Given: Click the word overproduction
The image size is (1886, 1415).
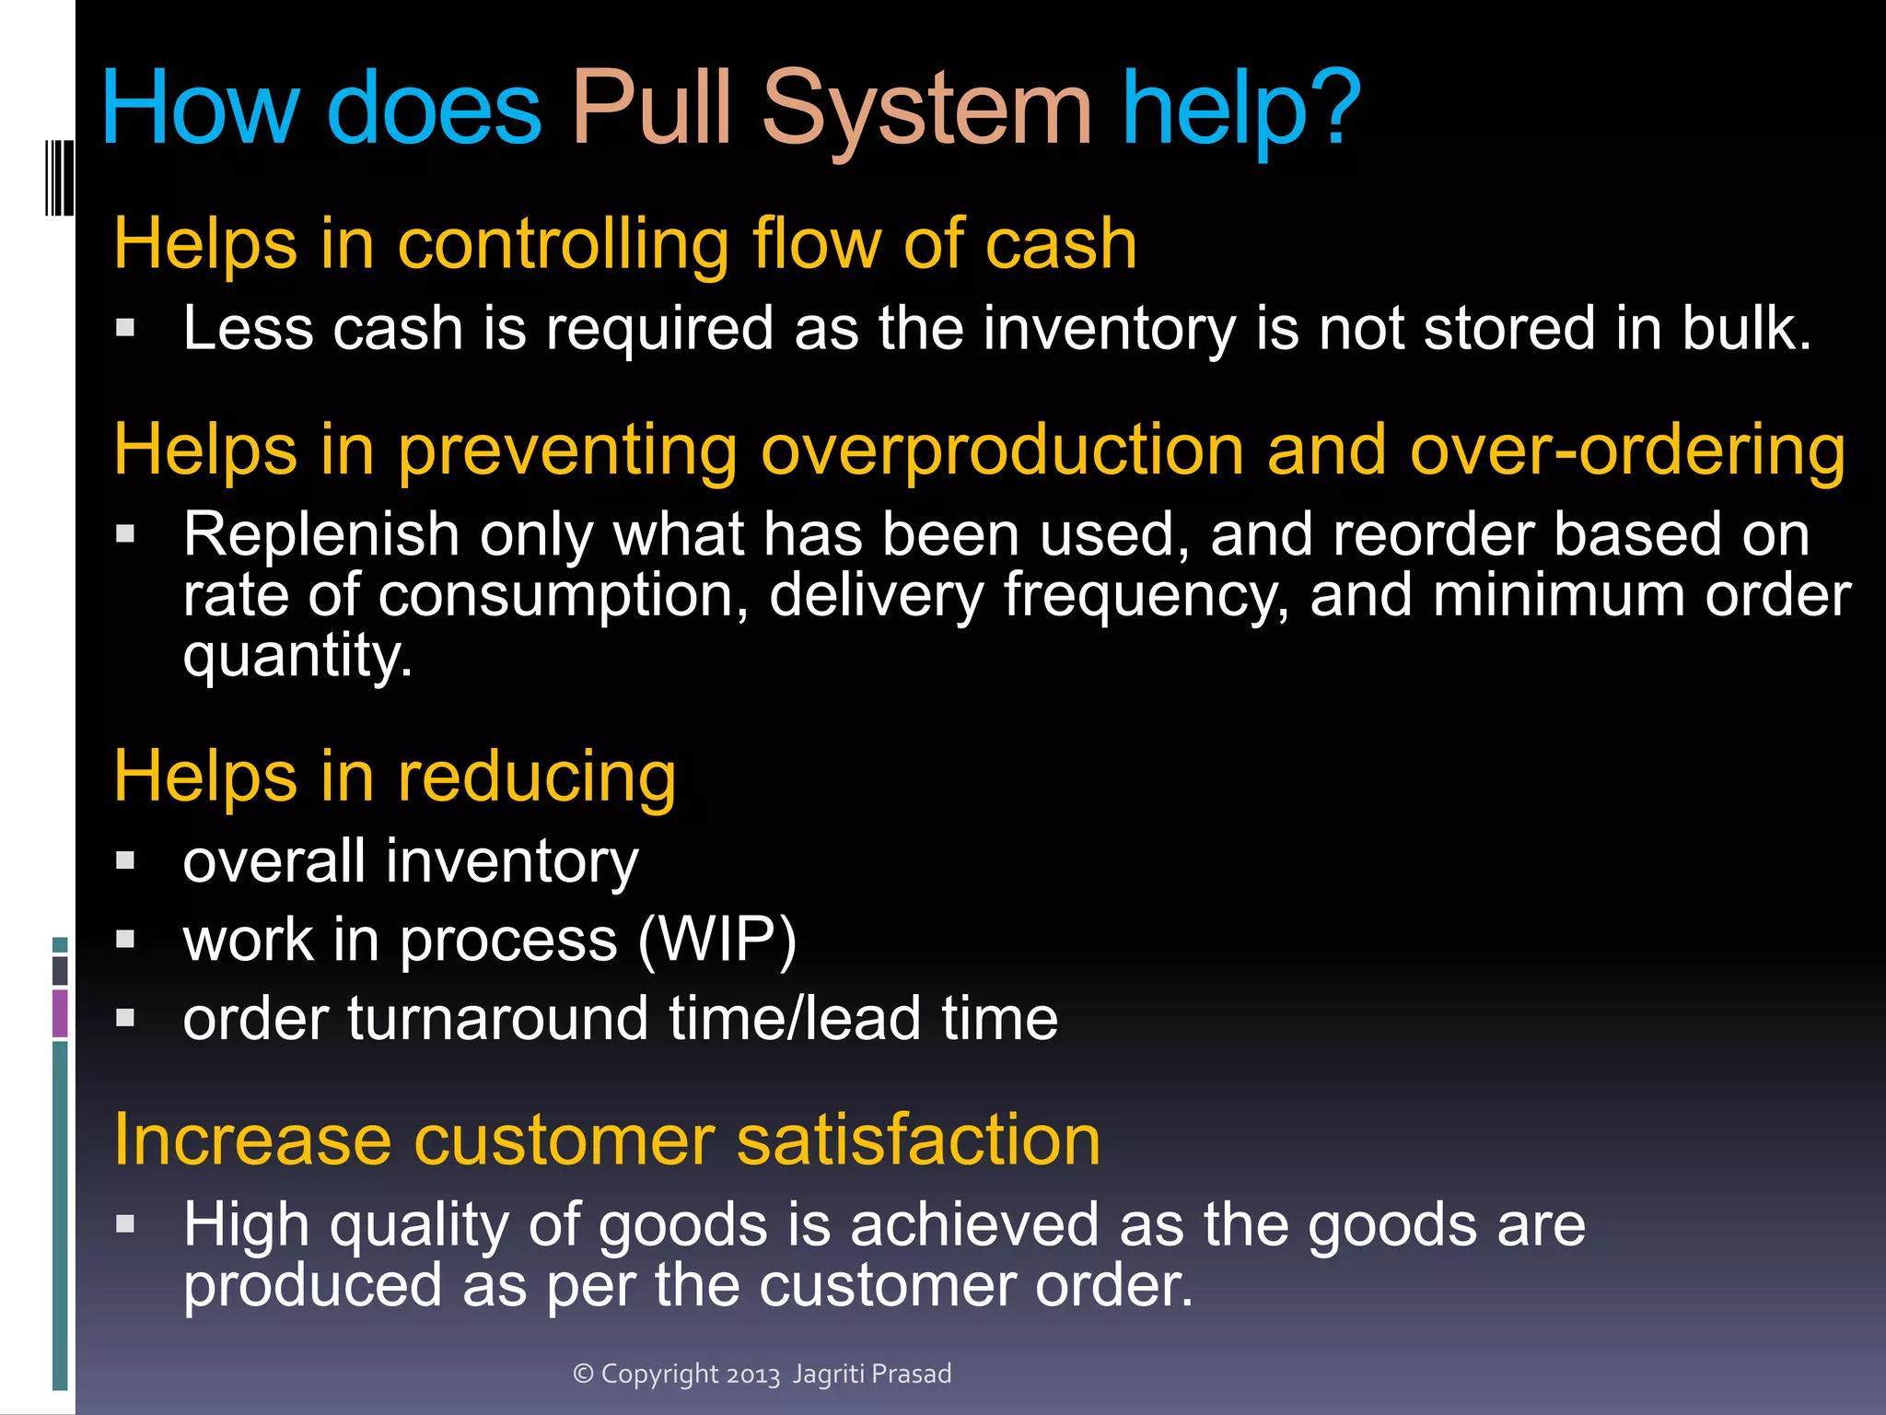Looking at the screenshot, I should click(x=1004, y=450).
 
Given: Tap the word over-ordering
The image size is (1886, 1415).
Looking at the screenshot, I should click(x=1627, y=450).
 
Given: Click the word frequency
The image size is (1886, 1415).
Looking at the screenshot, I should click(x=1146, y=596).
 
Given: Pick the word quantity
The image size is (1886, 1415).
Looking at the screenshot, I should click(x=297, y=656).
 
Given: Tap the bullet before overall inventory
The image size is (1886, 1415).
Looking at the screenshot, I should click(x=126, y=860).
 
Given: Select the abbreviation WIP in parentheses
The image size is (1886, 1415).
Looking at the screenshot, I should click(x=716, y=940).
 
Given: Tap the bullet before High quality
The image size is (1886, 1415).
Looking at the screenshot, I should click(x=126, y=1223).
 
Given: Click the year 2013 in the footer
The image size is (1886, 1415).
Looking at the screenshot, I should click(x=752, y=1374).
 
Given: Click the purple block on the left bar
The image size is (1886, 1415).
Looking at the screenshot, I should click(x=60, y=1012).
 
